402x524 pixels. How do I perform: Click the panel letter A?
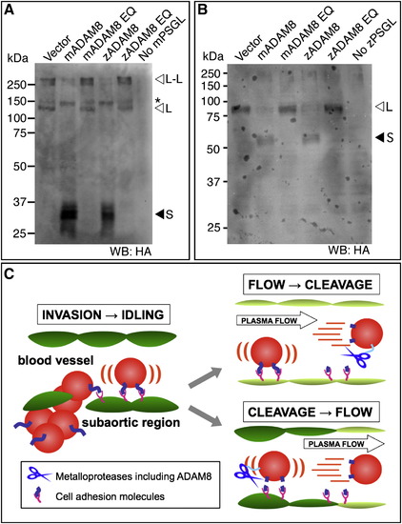point(10,10)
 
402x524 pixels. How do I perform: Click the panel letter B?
point(204,10)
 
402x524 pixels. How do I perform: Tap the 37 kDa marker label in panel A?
point(19,202)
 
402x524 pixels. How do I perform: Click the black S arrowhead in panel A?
point(160,214)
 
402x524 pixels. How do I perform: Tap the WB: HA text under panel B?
point(351,252)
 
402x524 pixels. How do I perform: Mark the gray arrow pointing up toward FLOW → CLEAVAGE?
point(206,377)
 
